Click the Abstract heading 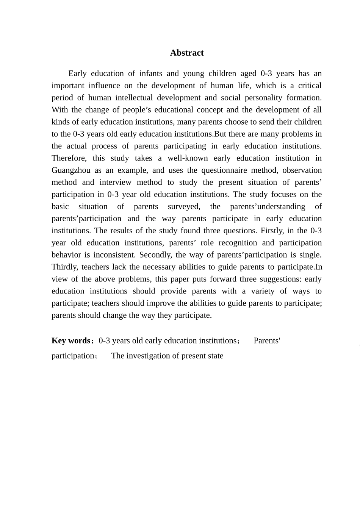click(187, 53)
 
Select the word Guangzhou click(71, 170)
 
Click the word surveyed click(184, 206)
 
